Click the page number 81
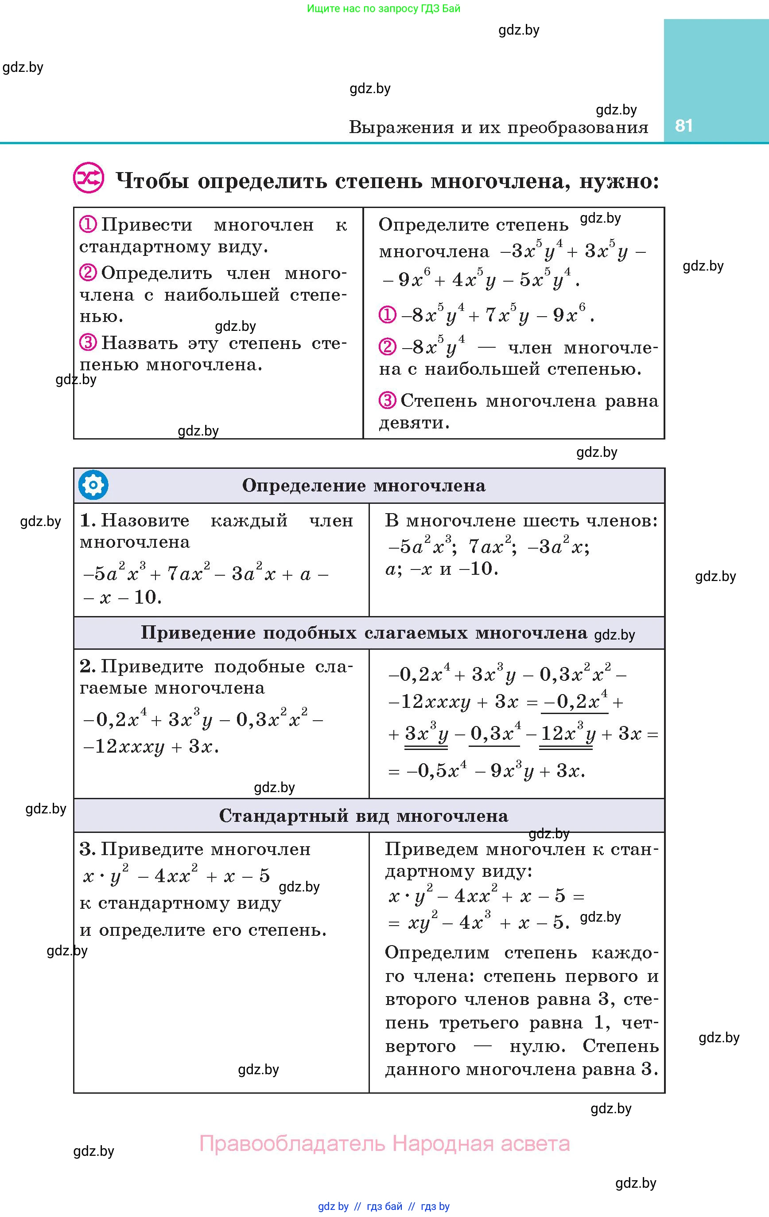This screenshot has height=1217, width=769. point(683,126)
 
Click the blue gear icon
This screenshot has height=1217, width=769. point(93,485)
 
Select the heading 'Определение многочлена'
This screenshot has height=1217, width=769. point(364,486)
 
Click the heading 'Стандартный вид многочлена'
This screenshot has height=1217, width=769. point(364,816)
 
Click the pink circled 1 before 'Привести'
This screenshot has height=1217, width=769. point(88,224)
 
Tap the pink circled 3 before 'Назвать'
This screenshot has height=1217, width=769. point(88,343)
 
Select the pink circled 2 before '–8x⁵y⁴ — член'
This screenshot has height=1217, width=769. point(387,347)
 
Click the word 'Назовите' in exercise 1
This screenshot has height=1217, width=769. point(145,520)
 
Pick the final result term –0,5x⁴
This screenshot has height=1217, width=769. point(436,771)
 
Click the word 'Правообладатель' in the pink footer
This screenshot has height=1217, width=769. point(292,1143)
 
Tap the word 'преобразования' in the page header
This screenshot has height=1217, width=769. point(578,127)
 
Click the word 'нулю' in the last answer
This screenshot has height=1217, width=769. point(537,1046)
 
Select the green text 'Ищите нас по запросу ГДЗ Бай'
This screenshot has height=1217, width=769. point(383,8)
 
